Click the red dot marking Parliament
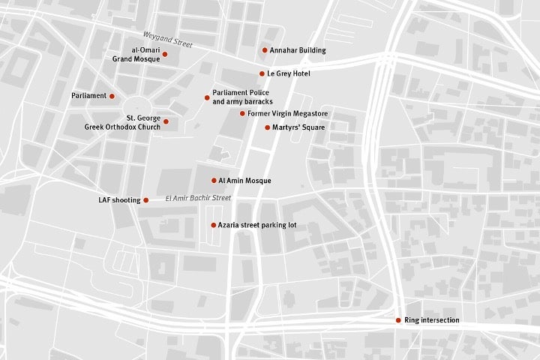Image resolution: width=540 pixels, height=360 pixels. pyautogui.click(x=112, y=96)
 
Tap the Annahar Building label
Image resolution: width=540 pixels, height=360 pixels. pyautogui.click(x=298, y=50)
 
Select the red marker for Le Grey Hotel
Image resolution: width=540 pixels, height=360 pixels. pyautogui.click(x=262, y=73)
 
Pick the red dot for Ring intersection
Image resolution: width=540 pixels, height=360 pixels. pyautogui.click(x=398, y=320)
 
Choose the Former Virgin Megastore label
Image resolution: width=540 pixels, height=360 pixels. pyautogui.click(x=287, y=113)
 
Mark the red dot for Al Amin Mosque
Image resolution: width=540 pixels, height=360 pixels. pyautogui.click(x=214, y=180)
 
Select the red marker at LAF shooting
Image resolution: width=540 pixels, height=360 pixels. pyautogui.click(x=146, y=199)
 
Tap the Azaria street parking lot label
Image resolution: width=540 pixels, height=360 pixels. pyautogui.click(x=257, y=225)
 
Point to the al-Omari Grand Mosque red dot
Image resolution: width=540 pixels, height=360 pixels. pyautogui.click(x=165, y=54)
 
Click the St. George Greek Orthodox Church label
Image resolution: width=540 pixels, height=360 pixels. pyautogui.click(x=133, y=122)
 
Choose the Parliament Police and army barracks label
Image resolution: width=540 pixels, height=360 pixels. pyautogui.click(x=242, y=97)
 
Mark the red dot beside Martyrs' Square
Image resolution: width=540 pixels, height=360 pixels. pyautogui.click(x=267, y=127)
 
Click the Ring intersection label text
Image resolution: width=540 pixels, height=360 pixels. pyautogui.click(x=431, y=320)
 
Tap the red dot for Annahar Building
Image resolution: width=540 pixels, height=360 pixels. pyautogui.click(x=265, y=50)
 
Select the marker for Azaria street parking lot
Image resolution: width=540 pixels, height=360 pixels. pyautogui.click(x=213, y=225)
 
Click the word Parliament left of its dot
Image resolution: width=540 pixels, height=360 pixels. pyautogui.click(x=88, y=96)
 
